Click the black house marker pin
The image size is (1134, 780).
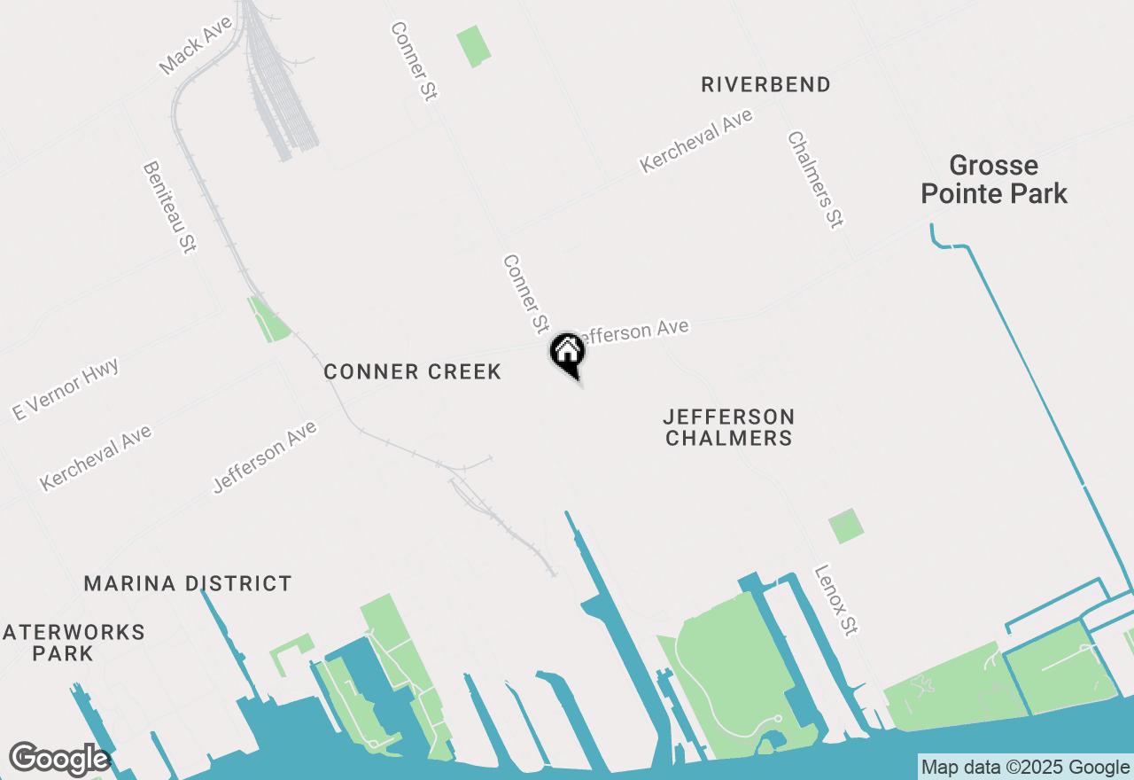click(x=568, y=352)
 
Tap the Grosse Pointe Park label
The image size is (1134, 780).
click(x=993, y=179)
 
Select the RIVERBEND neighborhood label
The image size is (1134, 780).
click(x=765, y=85)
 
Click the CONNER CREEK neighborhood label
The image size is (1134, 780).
click(x=413, y=371)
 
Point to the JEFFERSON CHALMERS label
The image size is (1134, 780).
click(x=728, y=427)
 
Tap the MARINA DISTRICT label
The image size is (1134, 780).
click(x=188, y=583)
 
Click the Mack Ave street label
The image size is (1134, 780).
click(x=195, y=45)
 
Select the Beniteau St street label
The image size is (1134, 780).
click(x=168, y=207)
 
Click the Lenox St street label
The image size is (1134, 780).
click(x=836, y=600)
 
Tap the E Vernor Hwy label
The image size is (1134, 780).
click(x=65, y=388)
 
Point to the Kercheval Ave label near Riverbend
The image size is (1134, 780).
click(x=695, y=140)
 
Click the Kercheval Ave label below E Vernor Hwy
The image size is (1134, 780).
click(x=96, y=457)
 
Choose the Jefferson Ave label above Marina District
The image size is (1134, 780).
click(x=264, y=457)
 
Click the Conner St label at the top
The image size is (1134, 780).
click(x=415, y=61)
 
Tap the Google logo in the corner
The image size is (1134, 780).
click(x=58, y=760)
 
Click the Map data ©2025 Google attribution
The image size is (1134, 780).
click(x=1025, y=767)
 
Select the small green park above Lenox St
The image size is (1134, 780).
click(x=846, y=526)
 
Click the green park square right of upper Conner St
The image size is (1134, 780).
click(x=473, y=46)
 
